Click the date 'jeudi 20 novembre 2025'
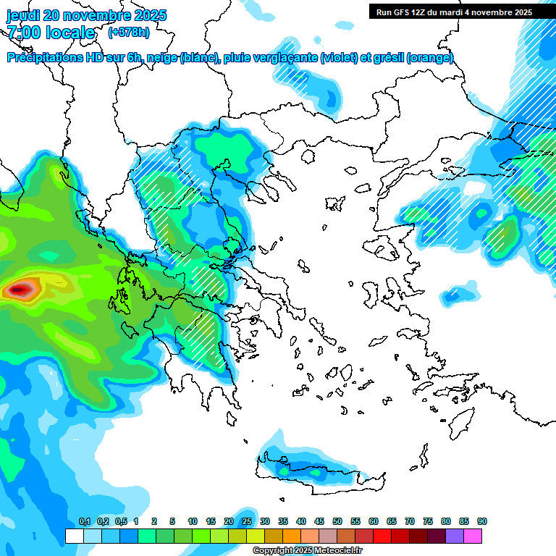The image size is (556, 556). [86, 15]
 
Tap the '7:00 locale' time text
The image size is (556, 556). [51, 33]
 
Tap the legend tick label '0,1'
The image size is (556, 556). [84, 522]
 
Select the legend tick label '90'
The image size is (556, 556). [482, 522]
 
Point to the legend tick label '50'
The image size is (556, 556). [337, 522]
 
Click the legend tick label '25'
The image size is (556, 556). [247, 522]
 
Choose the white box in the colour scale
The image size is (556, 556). [75, 536]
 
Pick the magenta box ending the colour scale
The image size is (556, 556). [473, 536]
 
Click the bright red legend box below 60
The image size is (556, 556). [382, 536]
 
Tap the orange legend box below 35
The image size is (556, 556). [292, 536]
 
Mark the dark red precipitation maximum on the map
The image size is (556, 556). [20, 290]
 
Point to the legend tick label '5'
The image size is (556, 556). [172, 522]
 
